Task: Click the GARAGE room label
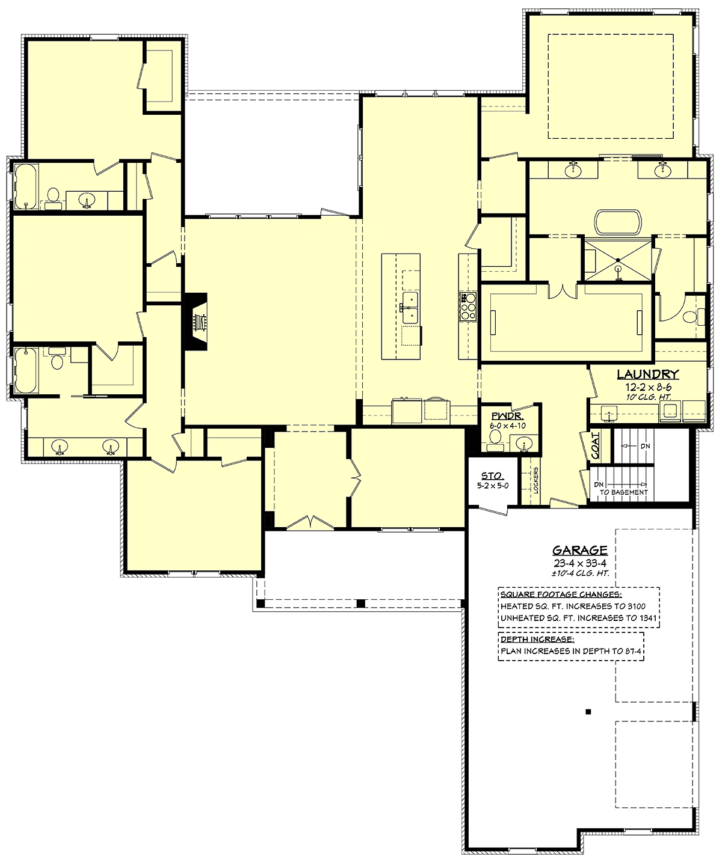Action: point(580,551)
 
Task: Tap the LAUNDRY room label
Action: point(648,374)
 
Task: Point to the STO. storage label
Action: point(493,476)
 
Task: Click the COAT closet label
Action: point(596,446)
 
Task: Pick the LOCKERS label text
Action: point(536,480)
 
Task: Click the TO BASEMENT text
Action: point(624,492)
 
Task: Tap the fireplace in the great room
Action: point(196,322)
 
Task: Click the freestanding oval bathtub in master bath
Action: point(618,222)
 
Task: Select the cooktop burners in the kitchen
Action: point(468,306)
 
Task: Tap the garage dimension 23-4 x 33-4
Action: point(580,563)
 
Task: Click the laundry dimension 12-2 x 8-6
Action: point(648,387)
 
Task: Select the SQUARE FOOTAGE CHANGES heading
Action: point(561,594)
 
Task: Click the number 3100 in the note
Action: point(637,607)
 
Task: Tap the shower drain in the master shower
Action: point(618,260)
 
